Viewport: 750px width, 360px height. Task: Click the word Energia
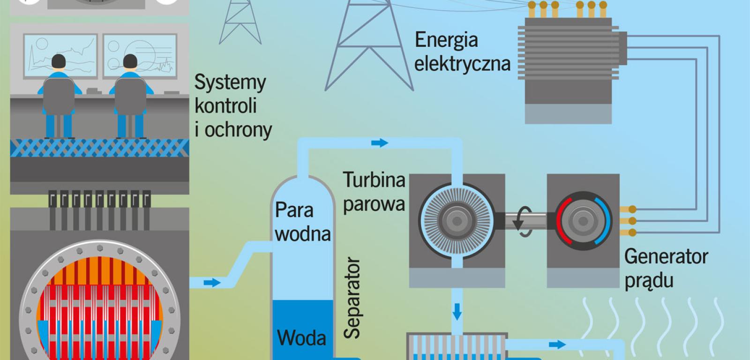pos(446,40)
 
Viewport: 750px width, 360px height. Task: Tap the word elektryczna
pos(462,63)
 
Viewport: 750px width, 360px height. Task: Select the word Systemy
pos(230,83)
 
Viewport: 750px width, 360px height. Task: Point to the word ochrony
pos(238,130)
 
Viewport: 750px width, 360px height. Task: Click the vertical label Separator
pos(352,297)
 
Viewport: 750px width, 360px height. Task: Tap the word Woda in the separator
pos(301,337)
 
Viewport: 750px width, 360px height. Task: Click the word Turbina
pos(374,180)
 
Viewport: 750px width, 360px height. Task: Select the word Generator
pos(666,256)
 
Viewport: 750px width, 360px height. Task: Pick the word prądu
pos(649,281)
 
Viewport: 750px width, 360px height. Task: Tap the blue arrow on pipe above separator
pos(380,142)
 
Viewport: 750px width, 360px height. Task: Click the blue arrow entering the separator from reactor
pos(212,282)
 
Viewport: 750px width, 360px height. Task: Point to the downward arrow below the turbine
pos(457,311)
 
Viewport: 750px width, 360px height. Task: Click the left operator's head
pos(59,61)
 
